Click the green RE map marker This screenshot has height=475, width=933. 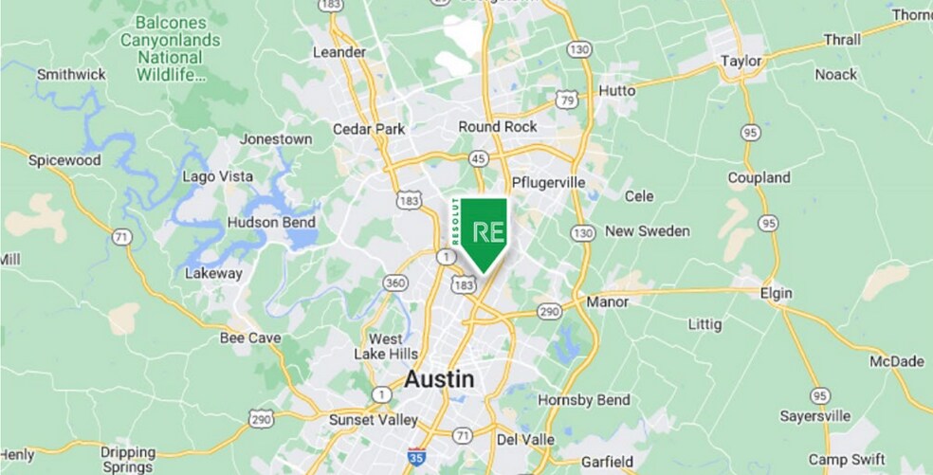479,232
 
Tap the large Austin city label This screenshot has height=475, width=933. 439,379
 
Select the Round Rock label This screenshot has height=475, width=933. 498,127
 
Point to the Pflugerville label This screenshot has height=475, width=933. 547,182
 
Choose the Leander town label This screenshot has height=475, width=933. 338,52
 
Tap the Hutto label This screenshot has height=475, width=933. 615,91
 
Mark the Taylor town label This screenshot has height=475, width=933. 741,61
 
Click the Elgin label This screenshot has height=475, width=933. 776,294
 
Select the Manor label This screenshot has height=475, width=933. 608,302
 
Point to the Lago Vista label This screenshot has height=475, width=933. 217,177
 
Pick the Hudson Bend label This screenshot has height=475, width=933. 271,223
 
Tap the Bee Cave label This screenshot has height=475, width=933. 246,338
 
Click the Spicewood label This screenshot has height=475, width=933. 64,160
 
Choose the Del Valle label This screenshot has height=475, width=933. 521,440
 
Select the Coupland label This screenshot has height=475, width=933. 759,178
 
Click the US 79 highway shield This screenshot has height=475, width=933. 567,98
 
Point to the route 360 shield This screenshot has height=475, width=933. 395,283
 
